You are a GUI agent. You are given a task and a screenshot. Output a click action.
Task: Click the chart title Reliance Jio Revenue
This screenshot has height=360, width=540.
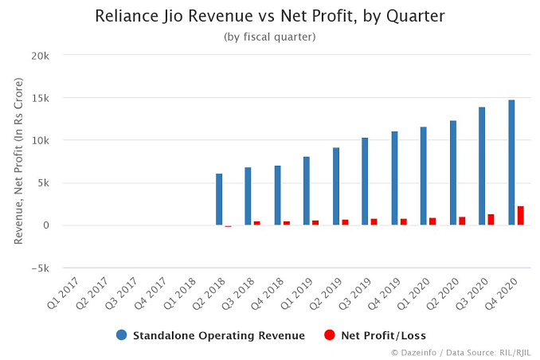269,16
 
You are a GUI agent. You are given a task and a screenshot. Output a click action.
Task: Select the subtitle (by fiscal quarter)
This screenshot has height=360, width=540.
269,37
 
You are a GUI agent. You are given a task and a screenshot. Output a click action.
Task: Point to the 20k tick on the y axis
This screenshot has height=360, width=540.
40,56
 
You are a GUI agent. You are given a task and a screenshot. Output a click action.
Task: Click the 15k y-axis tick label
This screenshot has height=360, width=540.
40,98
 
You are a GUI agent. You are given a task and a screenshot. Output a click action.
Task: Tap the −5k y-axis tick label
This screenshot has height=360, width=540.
39,268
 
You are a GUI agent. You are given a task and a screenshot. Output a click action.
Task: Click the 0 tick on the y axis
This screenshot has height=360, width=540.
46,225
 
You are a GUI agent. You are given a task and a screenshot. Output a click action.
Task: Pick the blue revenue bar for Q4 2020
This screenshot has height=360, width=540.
511,162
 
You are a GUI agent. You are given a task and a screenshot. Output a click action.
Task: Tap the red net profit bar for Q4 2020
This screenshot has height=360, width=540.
520,216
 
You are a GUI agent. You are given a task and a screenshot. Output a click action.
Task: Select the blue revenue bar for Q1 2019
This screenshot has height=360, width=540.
307,191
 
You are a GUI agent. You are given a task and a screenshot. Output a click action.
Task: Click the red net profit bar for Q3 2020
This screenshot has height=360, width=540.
491,220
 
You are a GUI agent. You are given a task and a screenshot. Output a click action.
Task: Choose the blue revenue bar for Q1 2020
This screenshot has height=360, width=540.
424,176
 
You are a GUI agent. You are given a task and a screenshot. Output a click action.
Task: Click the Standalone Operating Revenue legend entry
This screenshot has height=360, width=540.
210,335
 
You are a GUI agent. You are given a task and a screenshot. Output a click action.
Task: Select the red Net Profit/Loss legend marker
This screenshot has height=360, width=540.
330,335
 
